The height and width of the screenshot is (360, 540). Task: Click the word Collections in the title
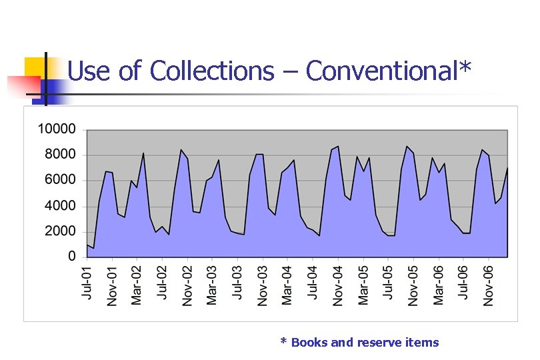coord(212,71)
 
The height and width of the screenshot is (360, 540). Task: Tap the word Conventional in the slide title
coord(382,71)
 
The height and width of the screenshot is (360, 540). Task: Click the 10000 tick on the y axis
coord(57,129)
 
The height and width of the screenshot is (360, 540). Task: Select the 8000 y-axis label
coord(60,155)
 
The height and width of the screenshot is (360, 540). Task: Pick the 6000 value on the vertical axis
coord(60,180)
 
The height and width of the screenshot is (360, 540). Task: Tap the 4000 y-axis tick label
coord(60,206)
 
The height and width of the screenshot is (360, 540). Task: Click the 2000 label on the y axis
coord(60,231)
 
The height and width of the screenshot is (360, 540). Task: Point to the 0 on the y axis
coord(72,257)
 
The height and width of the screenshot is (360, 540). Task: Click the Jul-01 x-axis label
coord(87,284)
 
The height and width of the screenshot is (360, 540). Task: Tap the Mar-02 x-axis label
coord(137,285)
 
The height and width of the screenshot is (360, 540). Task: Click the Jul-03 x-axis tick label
coord(237,284)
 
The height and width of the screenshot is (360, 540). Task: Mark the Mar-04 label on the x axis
coord(287,285)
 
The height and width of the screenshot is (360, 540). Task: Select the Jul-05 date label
coord(388,284)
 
